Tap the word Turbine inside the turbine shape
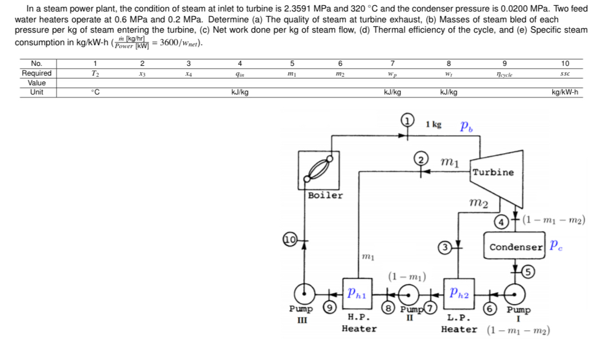pyautogui.click(x=493, y=172)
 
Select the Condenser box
pyautogui.click(x=515, y=247)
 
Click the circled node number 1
pyautogui.click(x=407, y=120)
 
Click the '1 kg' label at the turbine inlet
pyautogui.click(x=434, y=124)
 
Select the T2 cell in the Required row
pyautogui.click(x=96, y=73)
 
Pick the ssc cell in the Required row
pyautogui.click(x=564, y=73)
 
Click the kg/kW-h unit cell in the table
pyautogui.click(x=564, y=92)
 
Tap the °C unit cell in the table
pyautogui.click(x=96, y=92)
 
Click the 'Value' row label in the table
pyautogui.click(x=37, y=82)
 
